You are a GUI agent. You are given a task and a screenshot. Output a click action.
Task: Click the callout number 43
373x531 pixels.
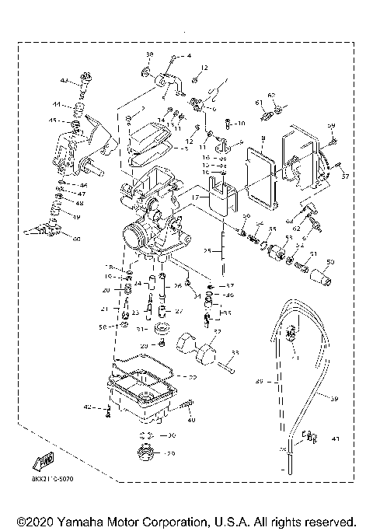64,79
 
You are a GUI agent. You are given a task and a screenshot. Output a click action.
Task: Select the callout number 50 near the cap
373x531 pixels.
329,261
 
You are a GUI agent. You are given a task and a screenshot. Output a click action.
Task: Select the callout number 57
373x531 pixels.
346,176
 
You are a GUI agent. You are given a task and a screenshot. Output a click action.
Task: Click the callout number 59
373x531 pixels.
330,126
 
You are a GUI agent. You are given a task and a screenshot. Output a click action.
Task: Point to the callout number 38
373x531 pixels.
150,53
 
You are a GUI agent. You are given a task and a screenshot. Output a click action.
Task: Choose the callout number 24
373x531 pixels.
137,285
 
